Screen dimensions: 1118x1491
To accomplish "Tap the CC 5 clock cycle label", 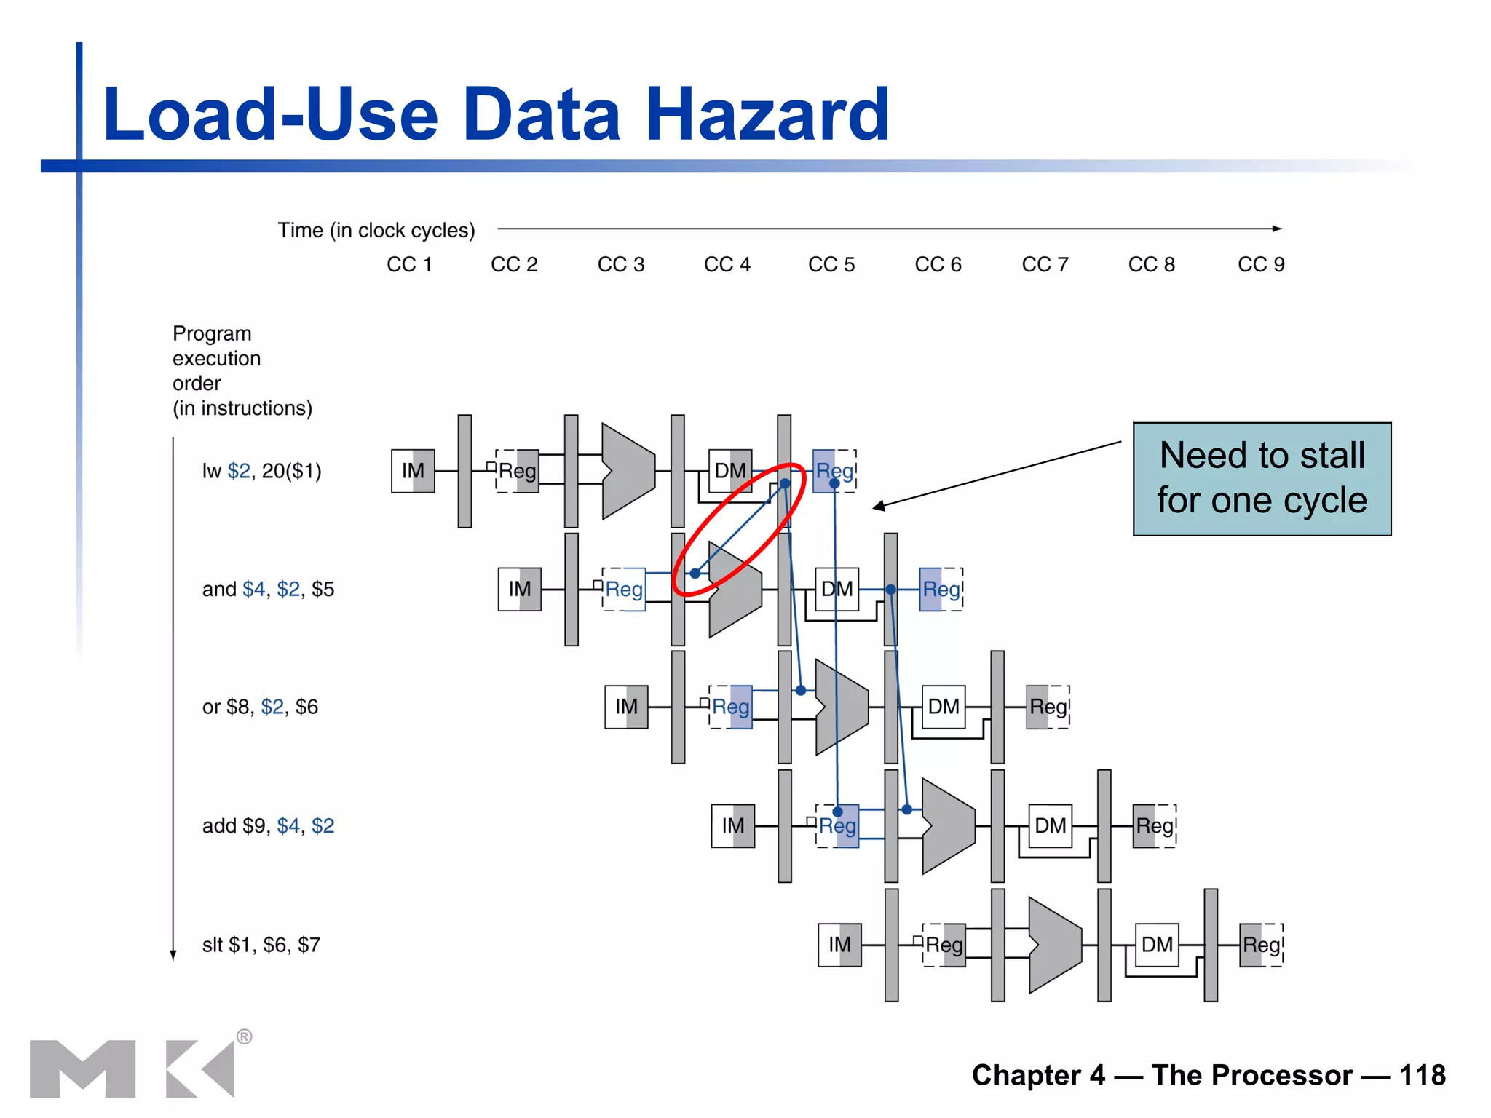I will tap(831, 265).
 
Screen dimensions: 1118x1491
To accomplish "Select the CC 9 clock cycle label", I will tap(1261, 265).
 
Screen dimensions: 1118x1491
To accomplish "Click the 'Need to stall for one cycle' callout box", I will tap(1262, 479).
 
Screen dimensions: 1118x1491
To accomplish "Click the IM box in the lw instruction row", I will tap(413, 471).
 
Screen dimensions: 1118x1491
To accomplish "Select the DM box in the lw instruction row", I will tap(730, 471).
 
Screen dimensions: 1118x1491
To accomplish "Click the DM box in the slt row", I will tap(1157, 945).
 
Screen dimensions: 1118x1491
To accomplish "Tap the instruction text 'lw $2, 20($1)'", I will tap(261, 472).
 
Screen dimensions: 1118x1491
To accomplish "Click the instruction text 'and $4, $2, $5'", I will tap(268, 590).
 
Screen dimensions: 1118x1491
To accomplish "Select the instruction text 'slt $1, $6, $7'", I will tap(261, 945).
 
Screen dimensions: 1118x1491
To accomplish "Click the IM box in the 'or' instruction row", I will tap(626, 707).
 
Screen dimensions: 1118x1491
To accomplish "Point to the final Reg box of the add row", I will tap(1155, 826).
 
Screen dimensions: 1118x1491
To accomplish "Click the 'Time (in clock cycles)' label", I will tap(376, 231).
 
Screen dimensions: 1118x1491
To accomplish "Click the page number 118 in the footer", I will tap(1422, 1075).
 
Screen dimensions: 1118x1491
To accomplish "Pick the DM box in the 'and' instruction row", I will tap(837, 589).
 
